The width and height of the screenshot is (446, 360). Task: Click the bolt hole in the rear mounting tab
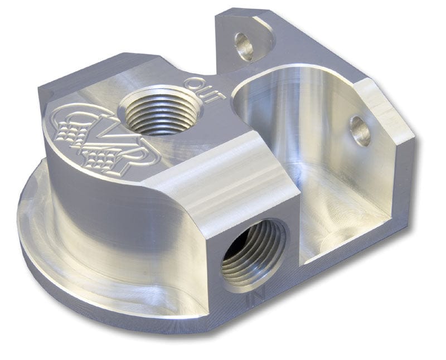pyautogui.click(x=244, y=46)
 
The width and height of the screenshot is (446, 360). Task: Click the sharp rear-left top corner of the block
pyautogui.click(x=42, y=89)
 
